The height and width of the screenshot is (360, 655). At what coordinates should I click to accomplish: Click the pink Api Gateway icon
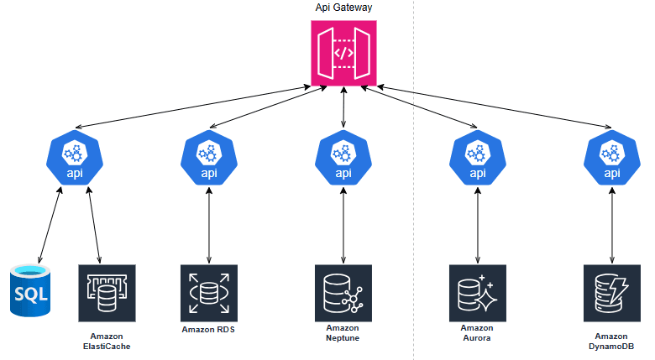coord(343,53)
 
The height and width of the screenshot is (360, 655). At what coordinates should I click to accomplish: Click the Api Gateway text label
coord(343,8)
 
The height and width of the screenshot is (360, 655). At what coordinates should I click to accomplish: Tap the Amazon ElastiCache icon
coord(107,293)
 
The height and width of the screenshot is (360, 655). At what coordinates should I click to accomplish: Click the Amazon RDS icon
coord(209,293)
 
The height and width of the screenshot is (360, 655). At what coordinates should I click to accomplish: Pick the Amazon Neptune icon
coord(343,293)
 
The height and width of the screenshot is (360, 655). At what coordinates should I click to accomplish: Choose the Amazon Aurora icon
coord(478,293)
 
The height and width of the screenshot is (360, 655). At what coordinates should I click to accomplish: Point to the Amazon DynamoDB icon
coord(612,293)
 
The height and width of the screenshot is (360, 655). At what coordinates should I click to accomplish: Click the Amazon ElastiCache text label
coord(107,341)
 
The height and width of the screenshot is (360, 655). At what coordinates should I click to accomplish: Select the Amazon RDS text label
coord(208,330)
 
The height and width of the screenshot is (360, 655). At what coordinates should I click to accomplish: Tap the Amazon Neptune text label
coord(343,333)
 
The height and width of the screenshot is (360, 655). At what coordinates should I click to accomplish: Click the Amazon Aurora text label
coord(477,333)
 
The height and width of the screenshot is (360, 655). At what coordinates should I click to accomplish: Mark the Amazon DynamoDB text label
coord(611,341)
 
